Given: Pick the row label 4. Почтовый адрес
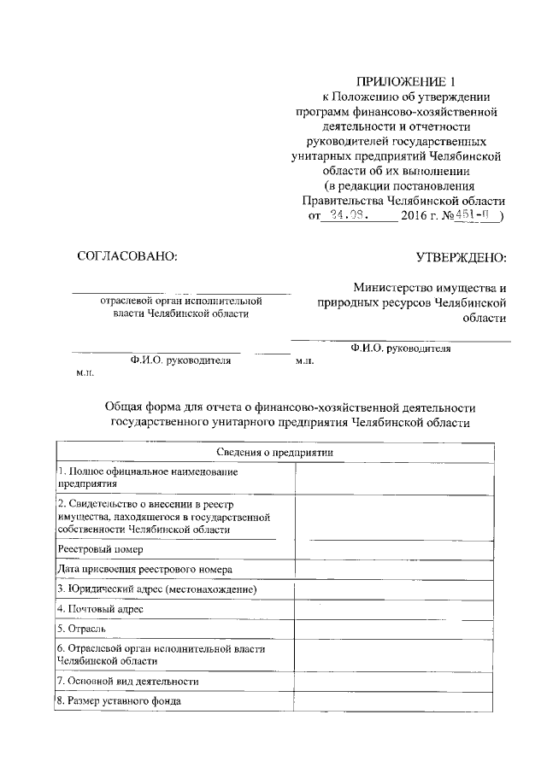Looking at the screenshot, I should click(100, 608).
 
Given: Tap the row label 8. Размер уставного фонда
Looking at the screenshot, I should click(119, 701).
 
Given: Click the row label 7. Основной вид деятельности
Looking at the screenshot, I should click(128, 681).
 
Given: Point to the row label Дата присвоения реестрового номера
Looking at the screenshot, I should click(144, 569).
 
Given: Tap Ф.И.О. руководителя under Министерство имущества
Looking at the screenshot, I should click(401, 348).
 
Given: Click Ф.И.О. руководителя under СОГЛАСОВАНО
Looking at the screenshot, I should click(181, 360).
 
